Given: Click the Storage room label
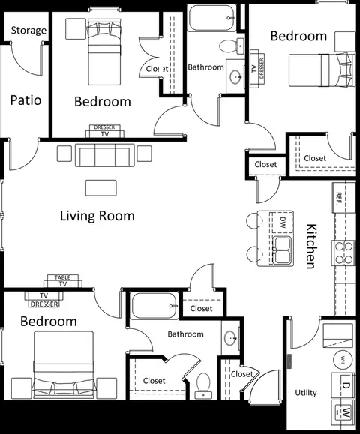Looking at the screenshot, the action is (x=28, y=31).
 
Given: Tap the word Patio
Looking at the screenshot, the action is (x=25, y=100).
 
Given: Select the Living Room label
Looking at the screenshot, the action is (x=97, y=216).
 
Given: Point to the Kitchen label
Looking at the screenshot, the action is (x=311, y=246).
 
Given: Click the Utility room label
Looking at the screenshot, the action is (x=306, y=393).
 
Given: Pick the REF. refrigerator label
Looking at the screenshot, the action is (x=338, y=198).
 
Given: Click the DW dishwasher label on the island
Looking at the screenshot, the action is (x=283, y=223).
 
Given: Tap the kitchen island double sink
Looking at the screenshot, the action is (x=282, y=250).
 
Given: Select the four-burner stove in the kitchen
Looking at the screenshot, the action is (x=343, y=253).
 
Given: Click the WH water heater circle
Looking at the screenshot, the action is (x=343, y=360).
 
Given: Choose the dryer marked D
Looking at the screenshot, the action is (x=343, y=385).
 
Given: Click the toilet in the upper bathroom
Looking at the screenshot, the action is (x=232, y=46).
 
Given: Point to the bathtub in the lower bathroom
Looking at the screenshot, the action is (x=154, y=306).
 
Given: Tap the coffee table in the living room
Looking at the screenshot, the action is (x=101, y=188).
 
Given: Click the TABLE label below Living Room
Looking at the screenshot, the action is (x=62, y=277).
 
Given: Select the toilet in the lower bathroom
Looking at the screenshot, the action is (x=203, y=385).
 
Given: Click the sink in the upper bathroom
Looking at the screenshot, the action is (x=236, y=76).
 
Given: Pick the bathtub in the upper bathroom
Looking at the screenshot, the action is (x=211, y=18).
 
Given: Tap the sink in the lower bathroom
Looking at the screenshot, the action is (x=231, y=338).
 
